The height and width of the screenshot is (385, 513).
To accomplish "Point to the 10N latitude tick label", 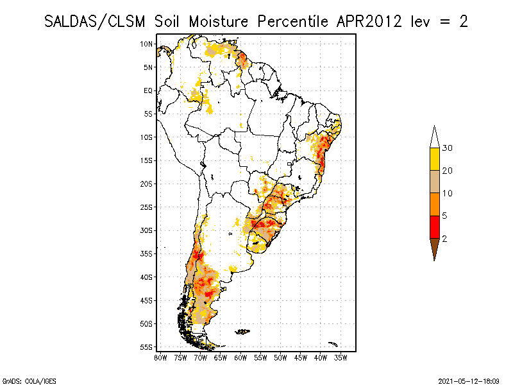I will point(147,44).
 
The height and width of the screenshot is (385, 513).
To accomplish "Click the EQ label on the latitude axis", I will point(148,90).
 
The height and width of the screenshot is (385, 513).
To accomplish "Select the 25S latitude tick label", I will point(147,207).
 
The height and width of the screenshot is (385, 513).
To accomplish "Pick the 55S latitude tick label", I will point(147,346).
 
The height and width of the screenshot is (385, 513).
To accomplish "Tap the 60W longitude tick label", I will point(240,357).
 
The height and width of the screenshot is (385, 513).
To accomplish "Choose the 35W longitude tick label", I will point(341,357).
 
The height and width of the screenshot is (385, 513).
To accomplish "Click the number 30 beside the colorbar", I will point(448,148).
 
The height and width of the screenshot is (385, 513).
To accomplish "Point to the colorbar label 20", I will point(448,171).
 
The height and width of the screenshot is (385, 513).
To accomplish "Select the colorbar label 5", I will point(444,216).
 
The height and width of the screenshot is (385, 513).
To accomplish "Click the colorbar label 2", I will point(444,238).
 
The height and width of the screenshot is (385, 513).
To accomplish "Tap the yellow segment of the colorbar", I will point(434,159).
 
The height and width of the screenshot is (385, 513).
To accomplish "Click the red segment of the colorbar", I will point(434,227).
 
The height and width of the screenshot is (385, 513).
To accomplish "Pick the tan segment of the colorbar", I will point(434,182).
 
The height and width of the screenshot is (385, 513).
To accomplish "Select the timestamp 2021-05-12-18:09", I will point(469,381).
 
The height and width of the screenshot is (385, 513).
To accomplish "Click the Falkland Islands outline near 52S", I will point(242,332).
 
